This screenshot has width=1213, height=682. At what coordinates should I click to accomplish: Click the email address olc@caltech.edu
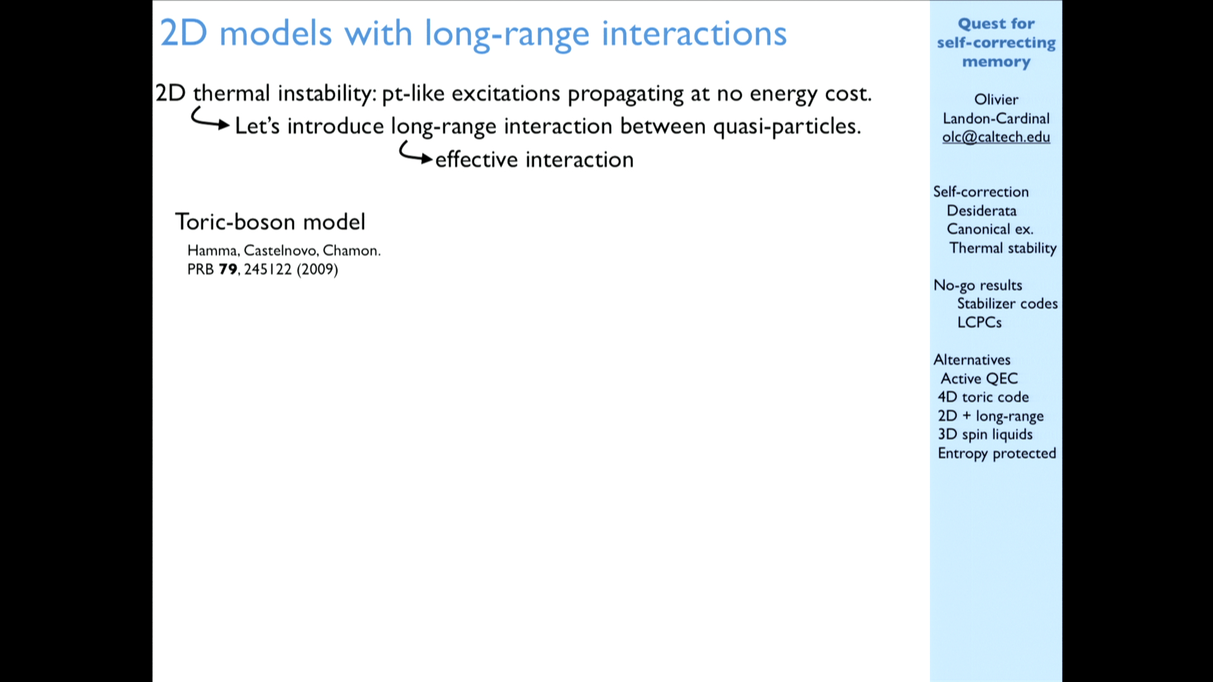(996, 137)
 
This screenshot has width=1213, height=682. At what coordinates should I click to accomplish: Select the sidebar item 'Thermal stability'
(1003, 248)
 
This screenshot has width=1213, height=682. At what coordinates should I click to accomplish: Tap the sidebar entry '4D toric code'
(983, 397)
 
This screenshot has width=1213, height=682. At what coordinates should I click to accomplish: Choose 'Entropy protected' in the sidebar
(997, 453)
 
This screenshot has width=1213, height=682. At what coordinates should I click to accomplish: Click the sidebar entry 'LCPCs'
(979, 322)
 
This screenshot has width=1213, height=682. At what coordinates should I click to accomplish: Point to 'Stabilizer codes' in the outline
(1007, 304)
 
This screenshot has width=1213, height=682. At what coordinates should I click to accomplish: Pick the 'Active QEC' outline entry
(979, 378)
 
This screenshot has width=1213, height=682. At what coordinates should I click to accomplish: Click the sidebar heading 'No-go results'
(977, 285)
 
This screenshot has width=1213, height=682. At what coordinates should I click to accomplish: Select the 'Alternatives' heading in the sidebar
(972, 359)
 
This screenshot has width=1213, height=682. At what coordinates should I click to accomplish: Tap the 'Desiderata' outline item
(981, 210)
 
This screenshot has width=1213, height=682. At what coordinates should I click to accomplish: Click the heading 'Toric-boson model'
(270, 222)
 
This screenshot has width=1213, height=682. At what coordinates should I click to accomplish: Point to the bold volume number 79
(227, 270)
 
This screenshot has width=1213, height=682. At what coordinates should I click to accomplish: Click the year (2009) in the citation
(317, 270)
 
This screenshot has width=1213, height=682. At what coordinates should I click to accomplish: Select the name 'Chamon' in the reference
(350, 251)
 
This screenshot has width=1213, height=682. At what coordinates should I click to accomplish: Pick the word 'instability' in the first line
(324, 93)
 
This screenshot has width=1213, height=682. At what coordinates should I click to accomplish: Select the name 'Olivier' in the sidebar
(996, 99)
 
